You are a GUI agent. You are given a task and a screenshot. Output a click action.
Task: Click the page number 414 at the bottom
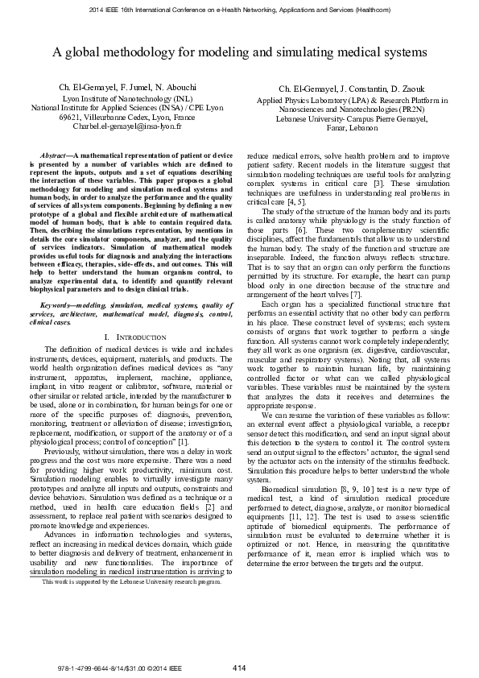point(238,668)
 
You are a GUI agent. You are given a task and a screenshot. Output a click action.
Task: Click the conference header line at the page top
point(239,10)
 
